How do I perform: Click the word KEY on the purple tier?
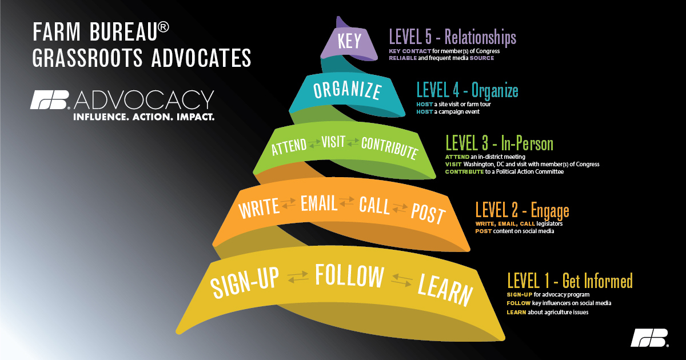pos(349,41)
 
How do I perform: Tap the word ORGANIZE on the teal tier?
pos(348,90)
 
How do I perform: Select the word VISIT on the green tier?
pos(333,142)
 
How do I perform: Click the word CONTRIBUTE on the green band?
pos(389,148)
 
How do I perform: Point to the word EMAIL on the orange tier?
pos(319,203)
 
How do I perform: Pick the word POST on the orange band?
pos(428,214)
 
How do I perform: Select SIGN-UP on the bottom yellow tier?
pos(245,282)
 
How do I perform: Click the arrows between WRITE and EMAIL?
pos(289,203)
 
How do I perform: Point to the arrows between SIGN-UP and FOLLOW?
pos(298,277)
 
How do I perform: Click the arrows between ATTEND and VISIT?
pos(314,143)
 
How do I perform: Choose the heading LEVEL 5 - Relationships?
pos(453,37)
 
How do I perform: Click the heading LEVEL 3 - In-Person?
pos(500,143)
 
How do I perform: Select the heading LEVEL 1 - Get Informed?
pos(570,281)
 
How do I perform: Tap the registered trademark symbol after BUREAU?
pos(163,27)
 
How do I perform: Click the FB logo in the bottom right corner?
pos(649,338)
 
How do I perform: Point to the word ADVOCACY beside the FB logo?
pos(144,100)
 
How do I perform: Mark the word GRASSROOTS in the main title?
pos(87,58)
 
